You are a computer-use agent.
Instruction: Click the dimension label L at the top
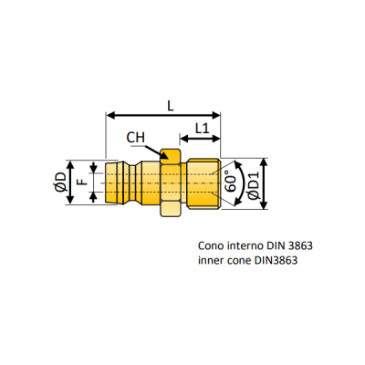171,106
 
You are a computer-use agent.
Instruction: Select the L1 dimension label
202,129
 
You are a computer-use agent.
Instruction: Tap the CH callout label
136,138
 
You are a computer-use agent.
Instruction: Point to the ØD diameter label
60,182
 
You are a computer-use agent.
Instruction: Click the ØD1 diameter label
253,185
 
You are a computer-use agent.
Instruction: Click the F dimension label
82,182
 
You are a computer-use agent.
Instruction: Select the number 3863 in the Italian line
300,245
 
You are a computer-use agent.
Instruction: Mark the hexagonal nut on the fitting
171,182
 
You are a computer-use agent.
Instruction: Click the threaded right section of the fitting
203,183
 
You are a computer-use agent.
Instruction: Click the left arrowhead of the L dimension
110,115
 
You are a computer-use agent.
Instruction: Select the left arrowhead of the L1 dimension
184,139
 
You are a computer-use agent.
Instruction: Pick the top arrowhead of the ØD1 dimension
264,162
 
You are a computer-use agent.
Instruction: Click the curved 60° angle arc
244,183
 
